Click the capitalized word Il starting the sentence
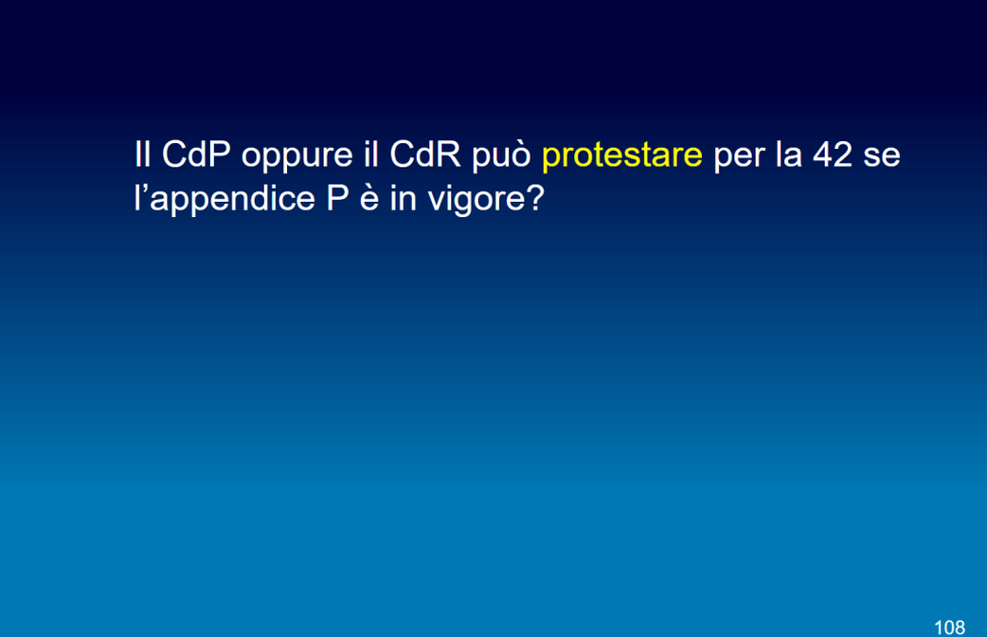point(142,155)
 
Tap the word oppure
point(297,157)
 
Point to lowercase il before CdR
point(370,155)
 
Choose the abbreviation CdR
point(425,155)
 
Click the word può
point(502,157)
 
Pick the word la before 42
point(789,155)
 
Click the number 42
point(833,155)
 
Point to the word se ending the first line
point(882,157)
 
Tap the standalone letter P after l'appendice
point(337,198)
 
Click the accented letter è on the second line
point(368,198)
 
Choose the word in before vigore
point(403,198)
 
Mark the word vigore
point(476,202)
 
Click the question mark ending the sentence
point(535,198)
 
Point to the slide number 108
point(949,628)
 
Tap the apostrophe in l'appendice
point(144,189)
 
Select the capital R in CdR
point(449,155)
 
